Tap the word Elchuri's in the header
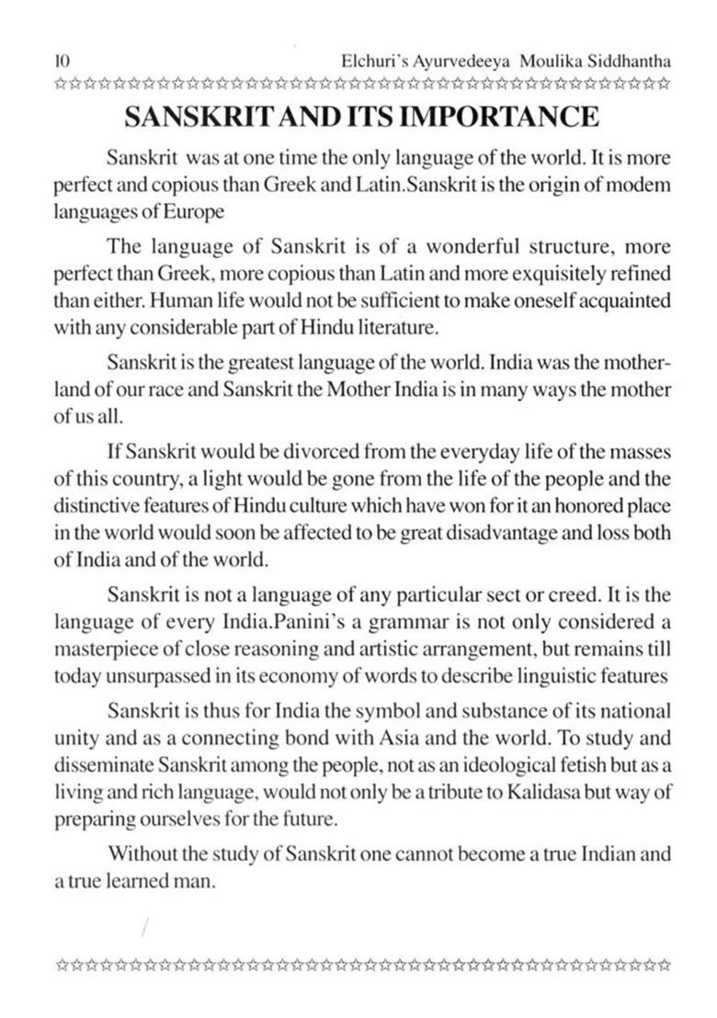[x=374, y=61]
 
